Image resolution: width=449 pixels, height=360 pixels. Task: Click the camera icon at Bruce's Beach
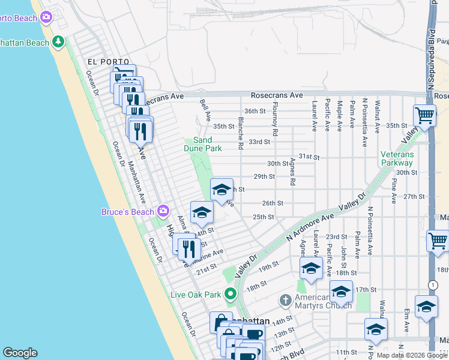point(163,211)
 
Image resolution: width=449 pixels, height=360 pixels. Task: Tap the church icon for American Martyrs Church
point(286,299)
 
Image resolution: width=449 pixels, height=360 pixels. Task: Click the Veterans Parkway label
point(397,158)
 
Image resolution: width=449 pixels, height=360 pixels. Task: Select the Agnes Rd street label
point(292,172)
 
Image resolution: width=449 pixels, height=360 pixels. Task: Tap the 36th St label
point(255,111)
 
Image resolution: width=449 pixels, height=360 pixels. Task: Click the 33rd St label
point(259,142)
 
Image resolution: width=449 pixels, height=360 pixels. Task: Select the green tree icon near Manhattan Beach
point(58,42)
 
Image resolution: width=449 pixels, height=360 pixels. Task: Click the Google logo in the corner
point(20,353)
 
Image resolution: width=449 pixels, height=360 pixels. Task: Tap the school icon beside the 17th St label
point(341,292)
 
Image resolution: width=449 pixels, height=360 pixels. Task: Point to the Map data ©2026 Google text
point(412,355)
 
